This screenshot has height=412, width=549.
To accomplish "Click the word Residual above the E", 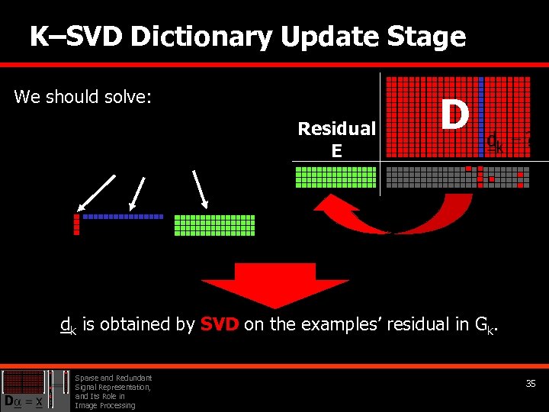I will pyautogui.click(x=336, y=128).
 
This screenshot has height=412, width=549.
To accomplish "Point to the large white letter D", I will pyautogui.click(x=454, y=115).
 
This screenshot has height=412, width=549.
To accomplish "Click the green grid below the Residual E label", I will pyautogui.click(x=335, y=177).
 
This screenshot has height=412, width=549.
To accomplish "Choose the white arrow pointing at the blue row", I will pyautogui.click(x=137, y=193).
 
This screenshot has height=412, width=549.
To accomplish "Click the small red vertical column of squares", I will pyautogui.click(x=76, y=224).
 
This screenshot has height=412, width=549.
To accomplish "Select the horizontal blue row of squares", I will pyautogui.click(x=123, y=217).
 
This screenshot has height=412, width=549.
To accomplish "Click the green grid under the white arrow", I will pyautogui.click(x=214, y=225).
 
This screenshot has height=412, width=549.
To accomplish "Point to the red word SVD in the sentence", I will pyautogui.click(x=220, y=324).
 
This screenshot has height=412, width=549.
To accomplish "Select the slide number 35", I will pyautogui.click(x=531, y=384).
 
